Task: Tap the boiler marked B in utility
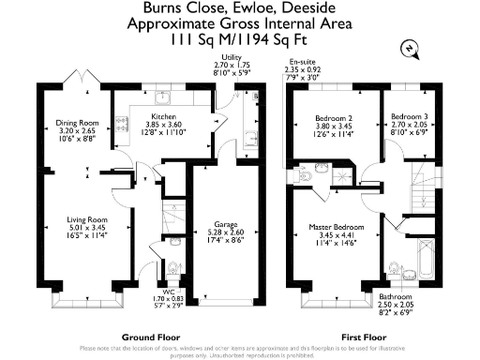257,95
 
